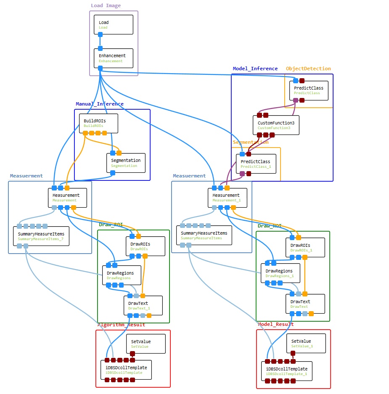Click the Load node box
tap(113, 25)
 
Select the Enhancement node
tap(113, 58)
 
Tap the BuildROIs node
tap(98, 123)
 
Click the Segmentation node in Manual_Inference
tap(126, 163)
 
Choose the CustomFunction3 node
tap(276, 125)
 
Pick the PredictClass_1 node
tap(256, 164)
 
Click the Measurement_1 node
tap(227, 198)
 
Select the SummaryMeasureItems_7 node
tap(41, 236)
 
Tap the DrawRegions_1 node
tap(280, 273)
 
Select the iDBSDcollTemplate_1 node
tap(287, 371)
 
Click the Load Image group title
tap(106, 6)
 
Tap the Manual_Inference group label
tap(100, 104)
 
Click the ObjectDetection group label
tap(308, 69)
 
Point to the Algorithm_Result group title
tap(121, 325)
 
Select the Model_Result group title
tap(275, 324)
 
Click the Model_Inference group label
tap(255, 69)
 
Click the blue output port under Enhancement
tap(100, 68)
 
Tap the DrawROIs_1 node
tap(305, 247)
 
